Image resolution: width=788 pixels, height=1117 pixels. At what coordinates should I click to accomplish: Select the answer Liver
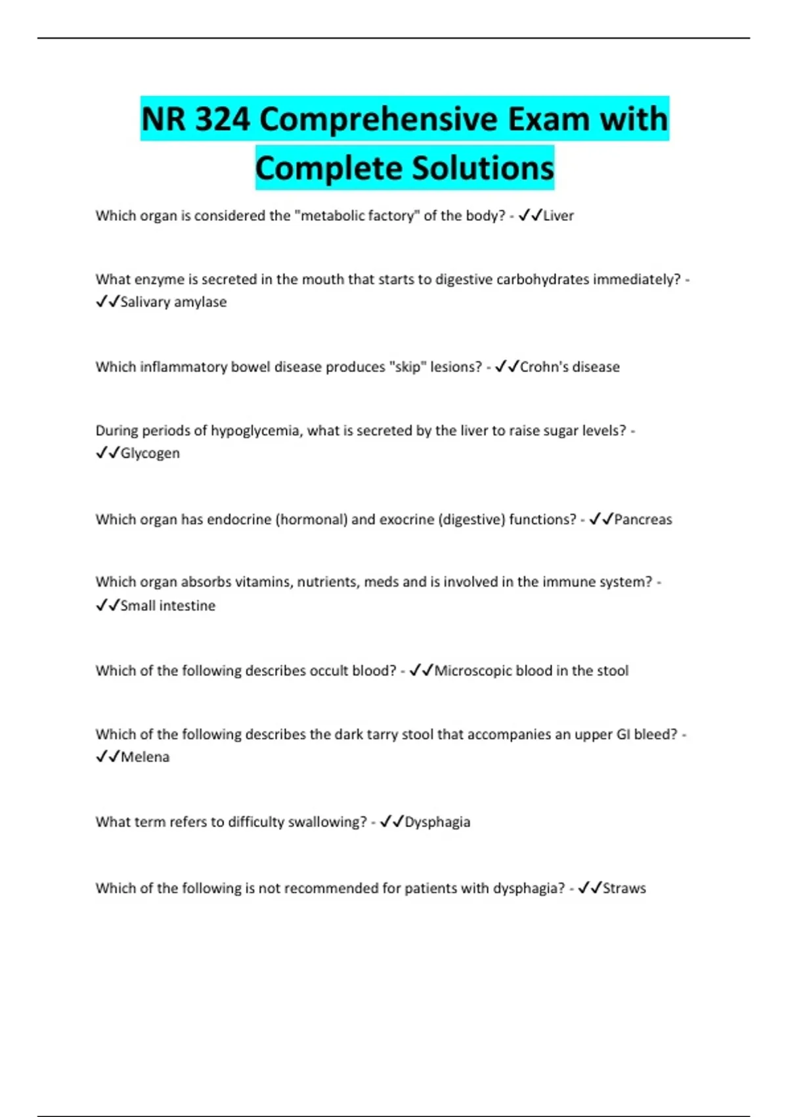click(558, 216)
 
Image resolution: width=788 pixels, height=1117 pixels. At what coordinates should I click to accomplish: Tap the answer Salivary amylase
click(173, 302)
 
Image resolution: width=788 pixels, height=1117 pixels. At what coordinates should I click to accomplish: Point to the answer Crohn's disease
click(569, 367)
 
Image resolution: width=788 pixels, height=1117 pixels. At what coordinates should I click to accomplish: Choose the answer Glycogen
click(150, 453)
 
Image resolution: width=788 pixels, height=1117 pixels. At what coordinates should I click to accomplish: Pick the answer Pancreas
click(643, 520)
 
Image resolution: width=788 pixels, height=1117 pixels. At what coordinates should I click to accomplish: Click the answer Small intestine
click(167, 606)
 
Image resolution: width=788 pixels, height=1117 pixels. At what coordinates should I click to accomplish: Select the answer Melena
click(144, 757)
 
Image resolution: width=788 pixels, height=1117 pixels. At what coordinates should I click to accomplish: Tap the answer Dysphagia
click(437, 822)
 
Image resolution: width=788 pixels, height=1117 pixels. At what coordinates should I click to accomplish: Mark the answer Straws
click(624, 888)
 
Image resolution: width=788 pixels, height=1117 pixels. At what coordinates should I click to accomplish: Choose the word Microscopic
click(473, 671)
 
